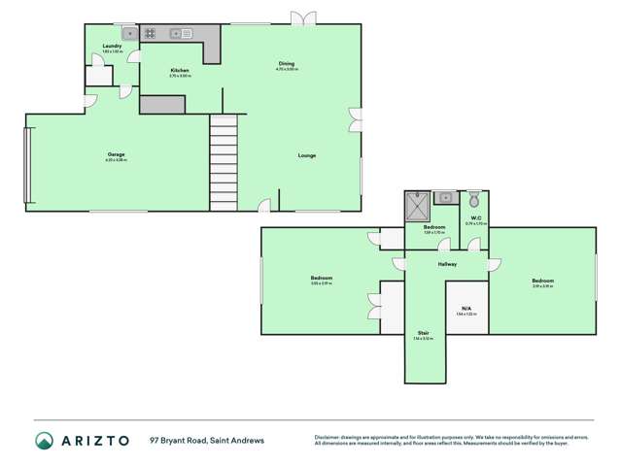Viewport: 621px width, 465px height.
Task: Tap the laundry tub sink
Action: tap(124, 34)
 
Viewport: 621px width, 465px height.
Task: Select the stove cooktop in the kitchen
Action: tap(152, 34)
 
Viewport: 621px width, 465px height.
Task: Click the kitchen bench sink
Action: tap(182, 34)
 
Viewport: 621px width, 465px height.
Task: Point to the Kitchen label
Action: tap(180, 71)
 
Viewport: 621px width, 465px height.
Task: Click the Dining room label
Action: tap(285, 64)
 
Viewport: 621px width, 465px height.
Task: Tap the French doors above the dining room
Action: tap(304, 17)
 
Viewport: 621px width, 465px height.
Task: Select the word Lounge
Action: tap(307, 155)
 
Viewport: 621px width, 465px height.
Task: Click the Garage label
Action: tap(116, 154)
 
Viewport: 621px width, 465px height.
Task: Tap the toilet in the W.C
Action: tap(473, 200)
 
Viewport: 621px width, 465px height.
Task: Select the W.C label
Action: tap(476, 218)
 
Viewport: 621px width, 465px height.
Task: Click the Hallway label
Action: tap(447, 263)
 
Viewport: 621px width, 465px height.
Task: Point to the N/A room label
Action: tap(466, 308)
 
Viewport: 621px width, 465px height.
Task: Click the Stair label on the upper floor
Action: tap(424, 333)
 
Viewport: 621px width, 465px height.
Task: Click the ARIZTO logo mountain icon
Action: tap(45, 441)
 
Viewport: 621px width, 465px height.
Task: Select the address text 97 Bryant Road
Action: tap(180, 440)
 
